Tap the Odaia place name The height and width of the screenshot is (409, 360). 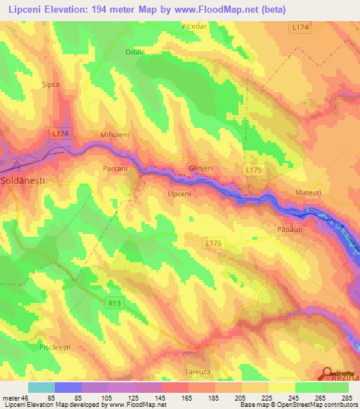point(134,52)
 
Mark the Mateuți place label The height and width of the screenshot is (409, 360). point(308,191)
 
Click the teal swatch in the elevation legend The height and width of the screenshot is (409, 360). point(41,387)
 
